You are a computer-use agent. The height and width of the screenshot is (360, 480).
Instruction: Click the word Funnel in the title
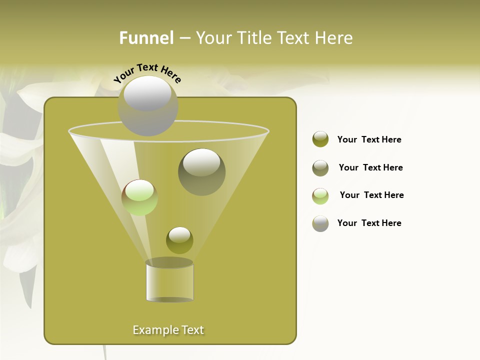[146, 38]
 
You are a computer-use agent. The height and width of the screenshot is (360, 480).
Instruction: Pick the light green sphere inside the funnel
[139, 197]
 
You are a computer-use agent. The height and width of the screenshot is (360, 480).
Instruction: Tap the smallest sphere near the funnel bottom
[179, 240]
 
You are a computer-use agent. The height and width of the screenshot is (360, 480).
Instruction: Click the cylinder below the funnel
[169, 281]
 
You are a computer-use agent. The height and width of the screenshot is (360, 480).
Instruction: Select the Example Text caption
[168, 330]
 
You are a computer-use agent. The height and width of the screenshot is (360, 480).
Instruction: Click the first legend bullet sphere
[320, 139]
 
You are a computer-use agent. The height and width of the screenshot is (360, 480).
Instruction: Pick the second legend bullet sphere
[320, 167]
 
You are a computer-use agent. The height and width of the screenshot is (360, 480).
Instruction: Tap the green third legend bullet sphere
[320, 195]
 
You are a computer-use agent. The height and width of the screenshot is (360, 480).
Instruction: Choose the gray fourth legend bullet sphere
[320, 223]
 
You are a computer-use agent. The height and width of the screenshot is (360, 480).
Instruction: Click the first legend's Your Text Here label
[369, 139]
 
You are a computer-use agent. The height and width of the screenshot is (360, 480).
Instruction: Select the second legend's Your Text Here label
[370, 167]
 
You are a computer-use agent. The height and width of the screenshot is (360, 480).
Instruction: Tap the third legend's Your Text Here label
[371, 195]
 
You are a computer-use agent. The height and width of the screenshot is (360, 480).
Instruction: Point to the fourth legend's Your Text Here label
[369, 223]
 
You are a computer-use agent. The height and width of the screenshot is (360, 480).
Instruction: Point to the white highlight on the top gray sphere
[147, 94]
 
